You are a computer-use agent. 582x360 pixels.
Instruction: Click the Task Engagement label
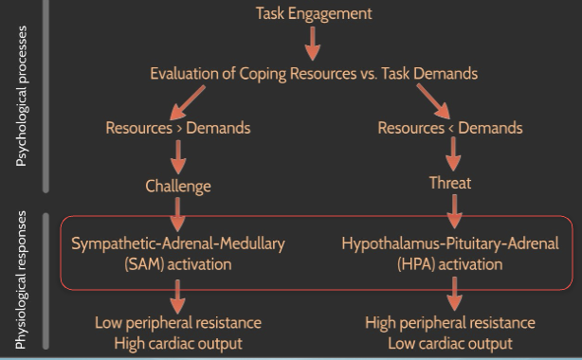313,13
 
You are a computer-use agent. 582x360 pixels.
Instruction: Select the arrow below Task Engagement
313,42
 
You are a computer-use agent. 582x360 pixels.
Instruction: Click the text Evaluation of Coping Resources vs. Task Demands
313,72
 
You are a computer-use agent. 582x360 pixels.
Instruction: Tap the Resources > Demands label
177,128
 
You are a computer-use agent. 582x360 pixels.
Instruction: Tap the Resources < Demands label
449,128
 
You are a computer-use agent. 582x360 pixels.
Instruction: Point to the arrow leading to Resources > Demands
191,99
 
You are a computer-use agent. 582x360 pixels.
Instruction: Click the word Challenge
177,185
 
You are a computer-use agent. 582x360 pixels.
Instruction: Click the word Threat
450,183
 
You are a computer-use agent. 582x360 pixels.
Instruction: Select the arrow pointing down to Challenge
177,156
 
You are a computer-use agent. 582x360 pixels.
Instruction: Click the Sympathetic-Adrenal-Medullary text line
177,243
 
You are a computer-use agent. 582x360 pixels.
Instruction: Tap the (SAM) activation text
177,264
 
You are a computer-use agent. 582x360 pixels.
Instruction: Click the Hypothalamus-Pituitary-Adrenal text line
450,243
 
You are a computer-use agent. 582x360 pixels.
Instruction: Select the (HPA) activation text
450,264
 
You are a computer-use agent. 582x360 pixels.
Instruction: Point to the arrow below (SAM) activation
177,293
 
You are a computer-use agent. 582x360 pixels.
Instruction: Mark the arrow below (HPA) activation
454,293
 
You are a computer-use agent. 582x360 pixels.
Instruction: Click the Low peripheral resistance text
177,323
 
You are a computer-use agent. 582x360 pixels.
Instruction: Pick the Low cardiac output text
450,343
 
